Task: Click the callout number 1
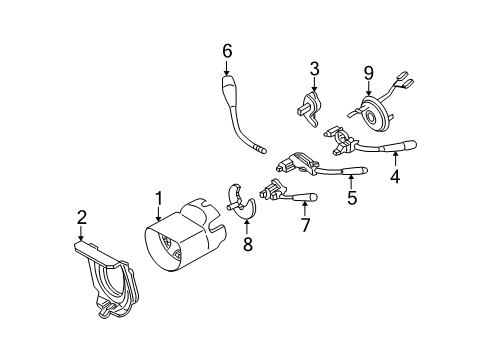(159, 199)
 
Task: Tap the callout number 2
(82, 217)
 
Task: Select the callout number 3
(314, 69)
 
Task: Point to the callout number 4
(395, 176)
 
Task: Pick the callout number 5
(352, 197)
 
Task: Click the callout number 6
(227, 51)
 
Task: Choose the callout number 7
(305, 224)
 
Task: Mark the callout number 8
(247, 244)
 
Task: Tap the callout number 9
(368, 73)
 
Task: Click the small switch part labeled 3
(309, 108)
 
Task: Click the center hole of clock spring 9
(371, 116)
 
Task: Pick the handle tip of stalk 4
(410, 145)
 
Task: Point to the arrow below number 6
(227, 67)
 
